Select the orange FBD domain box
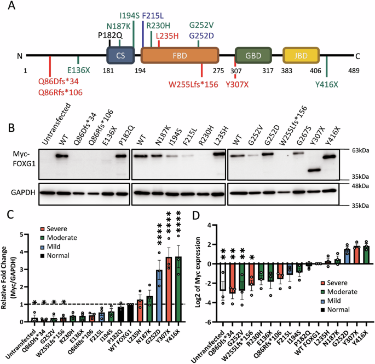180,56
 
